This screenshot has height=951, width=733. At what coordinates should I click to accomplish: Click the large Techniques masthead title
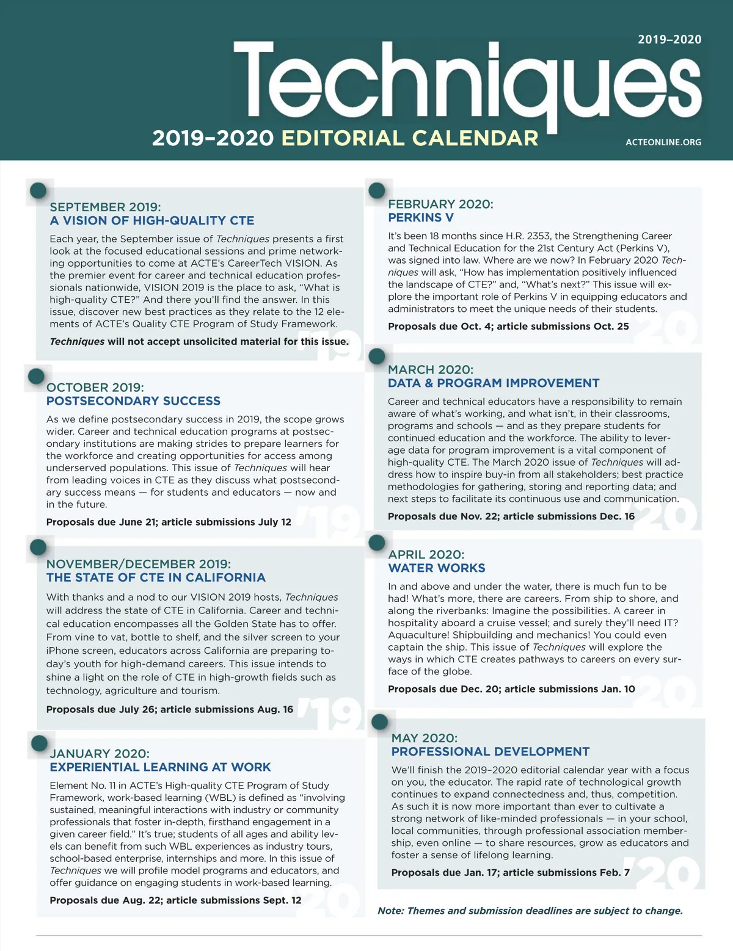(467, 79)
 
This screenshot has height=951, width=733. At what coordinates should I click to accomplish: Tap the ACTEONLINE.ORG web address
(663, 142)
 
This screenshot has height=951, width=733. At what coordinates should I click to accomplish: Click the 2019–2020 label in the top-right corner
(669, 40)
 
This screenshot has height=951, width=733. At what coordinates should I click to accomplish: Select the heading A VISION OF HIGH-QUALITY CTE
(152, 220)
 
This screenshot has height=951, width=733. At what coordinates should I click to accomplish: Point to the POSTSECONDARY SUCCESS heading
(133, 401)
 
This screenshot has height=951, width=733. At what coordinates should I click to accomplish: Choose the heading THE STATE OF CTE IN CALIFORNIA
(156, 577)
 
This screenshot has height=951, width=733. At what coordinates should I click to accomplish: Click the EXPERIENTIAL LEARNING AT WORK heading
(160, 767)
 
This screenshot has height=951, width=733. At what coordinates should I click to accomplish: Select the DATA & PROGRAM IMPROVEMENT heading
(494, 383)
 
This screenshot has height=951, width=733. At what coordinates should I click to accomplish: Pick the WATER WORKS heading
(437, 568)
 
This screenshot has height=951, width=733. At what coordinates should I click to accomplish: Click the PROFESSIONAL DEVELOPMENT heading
(490, 752)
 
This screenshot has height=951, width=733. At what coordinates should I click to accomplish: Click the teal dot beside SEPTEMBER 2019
(38, 190)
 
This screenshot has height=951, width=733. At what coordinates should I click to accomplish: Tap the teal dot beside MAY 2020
(380, 722)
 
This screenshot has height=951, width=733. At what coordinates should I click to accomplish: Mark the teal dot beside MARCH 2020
(377, 356)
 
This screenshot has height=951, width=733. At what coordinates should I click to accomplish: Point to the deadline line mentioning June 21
(169, 523)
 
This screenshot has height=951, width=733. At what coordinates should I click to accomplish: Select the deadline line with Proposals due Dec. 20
(511, 689)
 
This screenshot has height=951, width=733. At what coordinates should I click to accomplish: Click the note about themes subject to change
(530, 911)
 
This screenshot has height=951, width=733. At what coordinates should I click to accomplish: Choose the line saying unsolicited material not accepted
(199, 342)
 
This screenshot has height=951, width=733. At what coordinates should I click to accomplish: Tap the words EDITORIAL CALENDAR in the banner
(409, 138)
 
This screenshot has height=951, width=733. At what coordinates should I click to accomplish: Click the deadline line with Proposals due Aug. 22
(175, 900)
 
